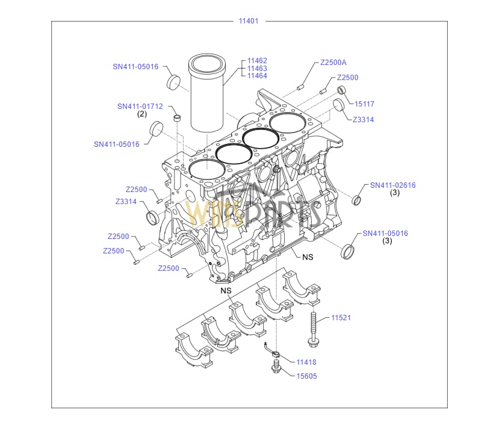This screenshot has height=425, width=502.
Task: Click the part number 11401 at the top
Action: click(x=248, y=21)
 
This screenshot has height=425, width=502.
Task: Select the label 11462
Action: click(x=257, y=61)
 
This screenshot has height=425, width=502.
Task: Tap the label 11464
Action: click(x=257, y=76)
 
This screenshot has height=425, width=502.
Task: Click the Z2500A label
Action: click(x=333, y=63)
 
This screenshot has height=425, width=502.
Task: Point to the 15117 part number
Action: click(x=364, y=104)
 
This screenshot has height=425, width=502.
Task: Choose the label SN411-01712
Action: click(x=140, y=106)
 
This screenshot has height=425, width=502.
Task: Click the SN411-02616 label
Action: click(x=392, y=185)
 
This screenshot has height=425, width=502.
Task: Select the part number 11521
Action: click(x=341, y=317)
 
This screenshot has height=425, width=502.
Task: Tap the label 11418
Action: click(x=306, y=362)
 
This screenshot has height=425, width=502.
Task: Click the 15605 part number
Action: click(x=306, y=376)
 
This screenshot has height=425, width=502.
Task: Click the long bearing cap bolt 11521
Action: click(x=314, y=329)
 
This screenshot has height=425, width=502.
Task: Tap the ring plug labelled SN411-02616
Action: click(x=357, y=200)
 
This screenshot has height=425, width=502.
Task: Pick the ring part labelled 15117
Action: click(x=342, y=91)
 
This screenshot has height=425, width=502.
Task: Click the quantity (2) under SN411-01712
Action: click(x=142, y=114)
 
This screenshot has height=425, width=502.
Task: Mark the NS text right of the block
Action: click(x=308, y=257)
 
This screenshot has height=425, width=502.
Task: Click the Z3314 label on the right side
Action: click(x=363, y=120)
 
